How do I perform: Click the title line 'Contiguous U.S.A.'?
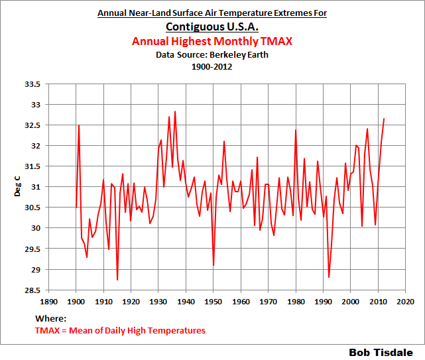tap(212, 27)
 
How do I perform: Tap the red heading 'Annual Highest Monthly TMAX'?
tap(212, 42)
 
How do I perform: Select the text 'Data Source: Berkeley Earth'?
tap(212, 55)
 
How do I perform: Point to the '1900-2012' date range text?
tap(212, 67)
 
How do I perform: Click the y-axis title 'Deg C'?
tap(18, 188)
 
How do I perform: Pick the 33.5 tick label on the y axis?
tap(32, 84)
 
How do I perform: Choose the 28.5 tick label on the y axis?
tap(32, 290)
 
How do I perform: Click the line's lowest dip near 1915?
tap(117, 280)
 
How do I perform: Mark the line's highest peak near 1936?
tap(175, 111)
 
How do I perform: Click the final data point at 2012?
tap(384, 119)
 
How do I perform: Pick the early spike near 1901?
tap(79, 125)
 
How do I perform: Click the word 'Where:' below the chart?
tap(52, 319)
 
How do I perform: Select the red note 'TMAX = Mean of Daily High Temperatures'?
tap(120, 330)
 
